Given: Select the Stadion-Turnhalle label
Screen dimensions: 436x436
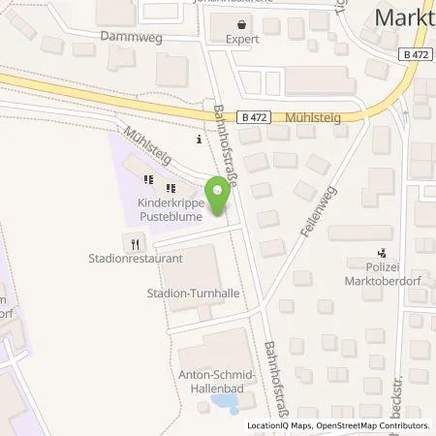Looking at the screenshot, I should pos(193,292).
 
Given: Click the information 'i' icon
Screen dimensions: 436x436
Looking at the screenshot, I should pos(199,140).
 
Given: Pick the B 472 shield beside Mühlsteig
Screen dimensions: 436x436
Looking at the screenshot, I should pos(254,116).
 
